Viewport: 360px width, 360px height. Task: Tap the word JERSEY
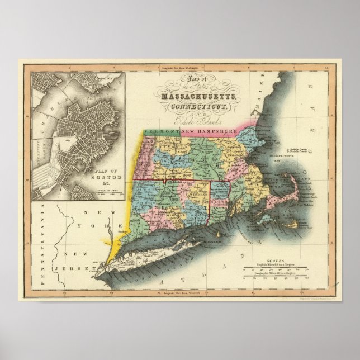point(68,268)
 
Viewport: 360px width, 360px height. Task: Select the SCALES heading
point(276,260)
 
